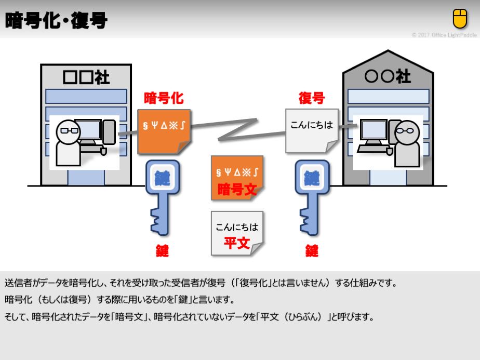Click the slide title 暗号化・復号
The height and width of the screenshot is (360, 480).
[x=56, y=21]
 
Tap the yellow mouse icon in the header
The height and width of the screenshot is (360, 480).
[x=460, y=19]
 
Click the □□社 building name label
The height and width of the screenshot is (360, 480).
[x=86, y=77]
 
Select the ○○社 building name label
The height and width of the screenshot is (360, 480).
[x=388, y=77]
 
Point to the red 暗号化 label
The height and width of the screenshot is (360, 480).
[x=163, y=98]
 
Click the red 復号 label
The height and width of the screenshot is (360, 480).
[x=311, y=98]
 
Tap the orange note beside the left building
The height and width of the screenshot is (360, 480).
[x=163, y=130]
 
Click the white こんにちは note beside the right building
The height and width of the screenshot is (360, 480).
[x=311, y=130]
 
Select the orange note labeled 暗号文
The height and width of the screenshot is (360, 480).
[x=237, y=177]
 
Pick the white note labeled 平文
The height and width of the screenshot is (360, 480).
[x=237, y=233]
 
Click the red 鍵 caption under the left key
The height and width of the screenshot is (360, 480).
[x=162, y=251]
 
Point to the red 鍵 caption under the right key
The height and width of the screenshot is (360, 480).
[x=312, y=251]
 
